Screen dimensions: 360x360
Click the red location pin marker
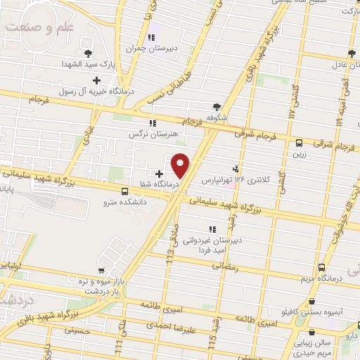(x=181, y=165)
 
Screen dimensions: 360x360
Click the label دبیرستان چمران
(x=144, y=49)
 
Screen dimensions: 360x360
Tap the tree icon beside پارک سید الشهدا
(x=88, y=53)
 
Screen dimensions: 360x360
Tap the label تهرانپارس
(x=217, y=181)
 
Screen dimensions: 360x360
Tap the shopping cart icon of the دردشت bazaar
(x=101, y=270)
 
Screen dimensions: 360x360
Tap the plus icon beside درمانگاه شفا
(x=159, y=174)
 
